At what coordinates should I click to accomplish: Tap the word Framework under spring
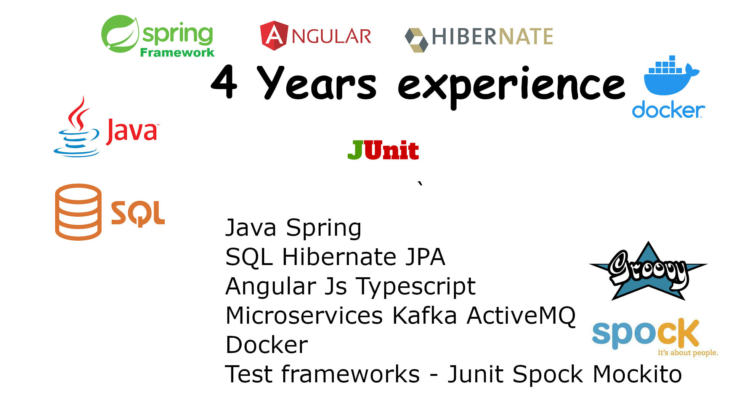pyautogui.click(x=177, y=53)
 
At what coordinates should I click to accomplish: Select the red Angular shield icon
pyautogui.click(x=274, y=35)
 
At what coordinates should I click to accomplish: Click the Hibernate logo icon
pyautogui.click(x=416, y=40)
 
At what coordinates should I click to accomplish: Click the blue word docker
pyautogui.click(x=668, y=110)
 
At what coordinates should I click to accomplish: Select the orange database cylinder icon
pyautogui.click(x=78, y=212)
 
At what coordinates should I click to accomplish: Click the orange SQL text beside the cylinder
pyautogui.click(x=138, y=213)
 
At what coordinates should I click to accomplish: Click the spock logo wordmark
pyautogui.click(x=645, y=334)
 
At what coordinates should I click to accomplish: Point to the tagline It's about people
pyautogui.click(x=687, y=353)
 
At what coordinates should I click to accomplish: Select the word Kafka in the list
pyautogui.click(x=425, y=315)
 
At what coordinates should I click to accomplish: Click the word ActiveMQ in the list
pyautogui.click(x=521, y=316)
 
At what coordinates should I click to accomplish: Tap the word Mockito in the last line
pyautogui.click(x=637, y=374)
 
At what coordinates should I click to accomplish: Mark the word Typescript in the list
pyautogui.click(x=416, y=287)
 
